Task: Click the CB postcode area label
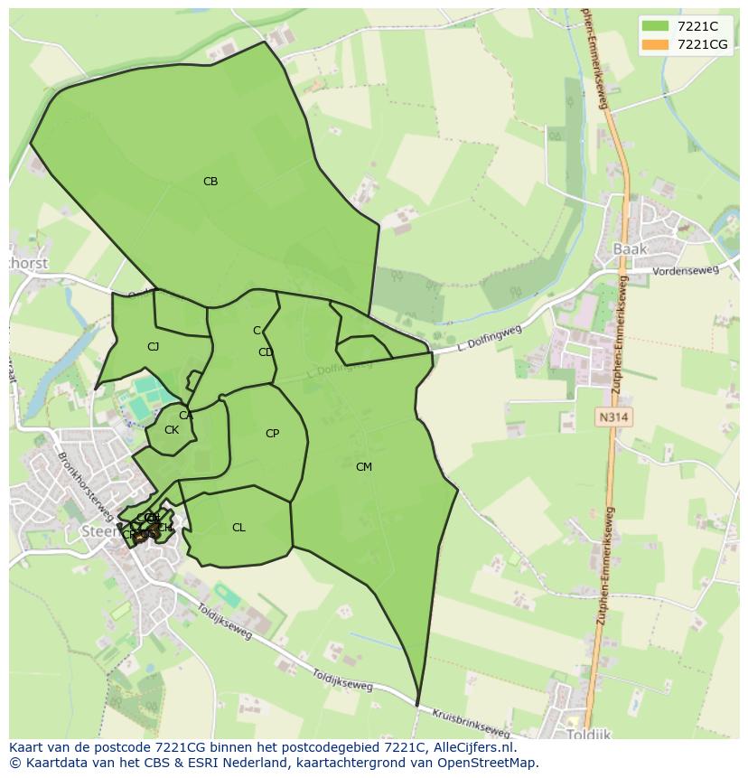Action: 210,182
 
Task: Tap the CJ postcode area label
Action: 154,346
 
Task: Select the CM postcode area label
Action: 364,467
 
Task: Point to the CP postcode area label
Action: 272,434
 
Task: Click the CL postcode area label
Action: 238,528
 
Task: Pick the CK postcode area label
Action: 172,430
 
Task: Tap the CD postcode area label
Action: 266,352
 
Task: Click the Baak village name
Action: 631,248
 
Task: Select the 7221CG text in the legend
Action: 702,44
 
